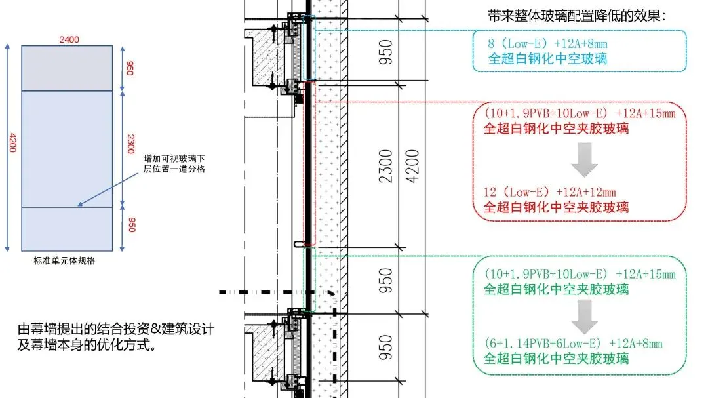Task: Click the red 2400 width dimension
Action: pyautogui.click(x=69, y=39)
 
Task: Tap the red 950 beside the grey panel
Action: pyautogui.click(x=130, y=68)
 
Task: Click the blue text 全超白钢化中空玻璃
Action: pyautogui.click(x=547, y=58)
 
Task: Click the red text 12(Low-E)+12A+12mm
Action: pyautogui.click(x=549, y=192)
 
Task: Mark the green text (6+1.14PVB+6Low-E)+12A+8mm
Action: pyautogui.click(x=572, y=344)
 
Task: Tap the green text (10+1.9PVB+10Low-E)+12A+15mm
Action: pyautogui.click(x=579, y=274)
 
